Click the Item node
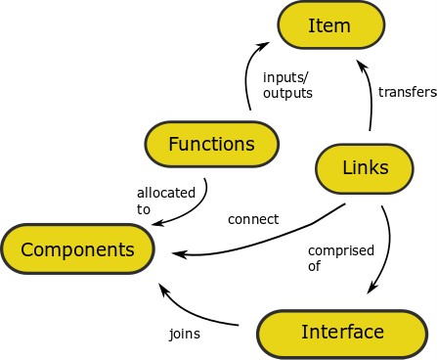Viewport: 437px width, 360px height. point(328,25)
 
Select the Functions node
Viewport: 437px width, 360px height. point(211,145)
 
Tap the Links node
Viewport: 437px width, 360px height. point(367,167)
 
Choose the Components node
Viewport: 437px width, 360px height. point(77,248)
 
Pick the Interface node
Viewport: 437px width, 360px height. point(342,332)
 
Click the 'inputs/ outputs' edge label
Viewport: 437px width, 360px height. point(287,85)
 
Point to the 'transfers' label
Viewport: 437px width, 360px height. point(406,93)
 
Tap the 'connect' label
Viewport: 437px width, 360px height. point(253,219)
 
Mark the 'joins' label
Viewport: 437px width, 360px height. point(184,334)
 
